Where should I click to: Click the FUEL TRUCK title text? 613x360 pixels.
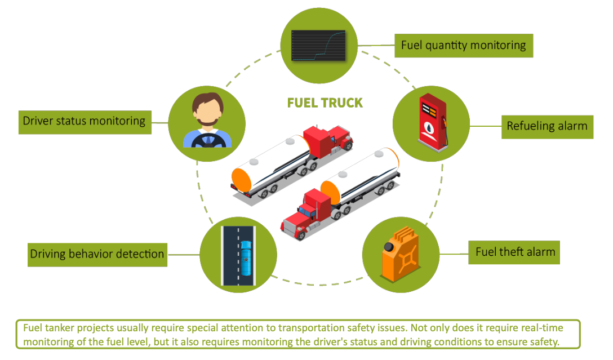325,103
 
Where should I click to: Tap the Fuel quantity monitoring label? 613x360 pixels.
463,45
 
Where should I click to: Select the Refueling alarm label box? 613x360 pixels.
547,126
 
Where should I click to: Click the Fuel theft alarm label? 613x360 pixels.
515,252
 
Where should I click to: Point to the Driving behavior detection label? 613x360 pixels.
97,254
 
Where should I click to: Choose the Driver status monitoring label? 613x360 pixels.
84,121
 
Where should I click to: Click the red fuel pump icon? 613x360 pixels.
430,123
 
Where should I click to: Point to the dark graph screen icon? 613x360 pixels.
318,45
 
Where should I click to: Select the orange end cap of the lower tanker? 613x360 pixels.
330,192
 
